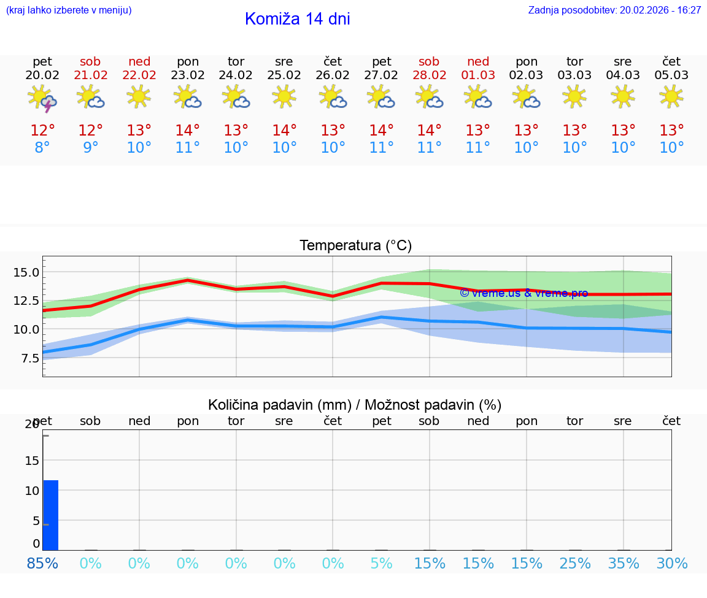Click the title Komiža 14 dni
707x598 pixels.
[x=297, y=19]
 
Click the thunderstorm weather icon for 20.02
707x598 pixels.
[x=42, y=98]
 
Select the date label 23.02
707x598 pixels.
[x=187, y=75]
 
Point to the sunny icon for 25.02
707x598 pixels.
[x=284, y=96]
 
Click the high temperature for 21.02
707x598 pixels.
[x=91, y=131]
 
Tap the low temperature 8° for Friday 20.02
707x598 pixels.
[x=42, y=148]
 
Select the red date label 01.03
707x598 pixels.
[x=478, y=75]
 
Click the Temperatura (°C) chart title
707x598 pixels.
[x=355, y=246]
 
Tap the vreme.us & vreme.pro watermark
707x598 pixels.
[x=523, y=293]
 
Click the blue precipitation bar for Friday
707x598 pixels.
[x=51, y=515]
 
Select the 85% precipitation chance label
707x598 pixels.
[x=42, y=564]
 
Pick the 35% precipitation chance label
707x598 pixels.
[x=624, y=564]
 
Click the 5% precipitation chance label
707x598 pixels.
[x=381, y=564]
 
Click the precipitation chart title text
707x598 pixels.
[x=355, y=405]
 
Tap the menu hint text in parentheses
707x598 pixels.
[x=69, y=10]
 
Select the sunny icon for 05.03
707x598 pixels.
[x=671, y=96]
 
